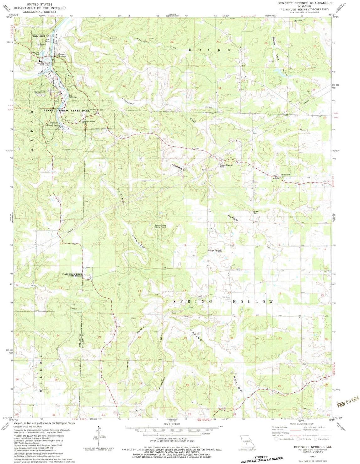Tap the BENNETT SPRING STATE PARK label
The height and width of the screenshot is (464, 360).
[67, 111]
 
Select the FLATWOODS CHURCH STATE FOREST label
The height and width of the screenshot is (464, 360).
[72, 275]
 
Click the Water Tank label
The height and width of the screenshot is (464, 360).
[286, 175]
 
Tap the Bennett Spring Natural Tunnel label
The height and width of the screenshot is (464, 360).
[160, 226]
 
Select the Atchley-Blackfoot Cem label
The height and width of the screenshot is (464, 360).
[215, 251]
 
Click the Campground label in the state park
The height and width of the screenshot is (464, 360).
[41, 92]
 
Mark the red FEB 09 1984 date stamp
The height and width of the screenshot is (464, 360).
[347, 403]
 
